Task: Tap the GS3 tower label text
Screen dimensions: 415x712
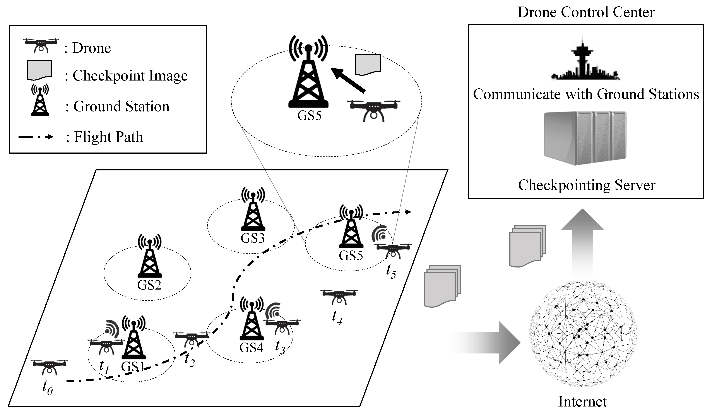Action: click(x=253, y=238)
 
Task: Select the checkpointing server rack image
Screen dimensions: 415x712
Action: click(x=585, y=138)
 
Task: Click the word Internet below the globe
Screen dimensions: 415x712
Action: click(x=583, y=402)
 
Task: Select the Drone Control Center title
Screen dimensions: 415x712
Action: click(x=586, y=12)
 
